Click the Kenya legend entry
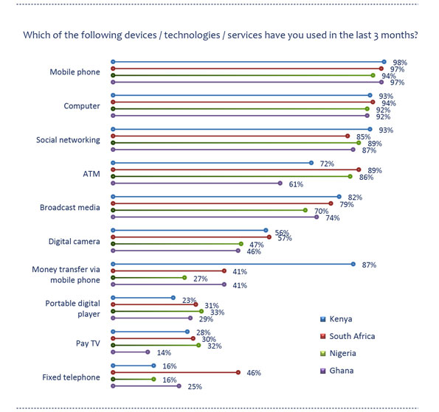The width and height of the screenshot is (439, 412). coord(336,319)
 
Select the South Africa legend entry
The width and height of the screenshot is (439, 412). coord(348,336)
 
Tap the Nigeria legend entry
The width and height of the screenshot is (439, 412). coord(338,353)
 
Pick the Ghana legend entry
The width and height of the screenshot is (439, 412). coord(336,371)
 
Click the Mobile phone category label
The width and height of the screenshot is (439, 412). coord(75,72)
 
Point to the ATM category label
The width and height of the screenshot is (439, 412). coord(91,174)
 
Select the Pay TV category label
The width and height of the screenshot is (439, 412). coord(88,343)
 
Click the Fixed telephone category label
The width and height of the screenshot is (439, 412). coord(71,377)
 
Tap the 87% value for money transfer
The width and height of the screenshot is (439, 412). coord(369,265)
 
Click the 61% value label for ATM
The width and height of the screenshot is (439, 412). coord(296,184)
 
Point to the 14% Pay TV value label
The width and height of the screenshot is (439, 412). coord(164,353)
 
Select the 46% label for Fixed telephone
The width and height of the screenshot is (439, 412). coord(254,373)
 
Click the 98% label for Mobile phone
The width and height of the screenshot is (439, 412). coord(400,63)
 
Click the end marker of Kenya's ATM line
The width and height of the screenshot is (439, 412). coord(311,163)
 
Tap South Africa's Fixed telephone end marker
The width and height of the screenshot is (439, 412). coord(238,372)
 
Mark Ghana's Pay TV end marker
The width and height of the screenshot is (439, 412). coord(148,352)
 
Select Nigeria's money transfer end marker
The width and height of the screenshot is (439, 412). coord(184,278)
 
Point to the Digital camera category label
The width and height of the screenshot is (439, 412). coord(75,242)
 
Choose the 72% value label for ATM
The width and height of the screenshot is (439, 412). coord(327,164)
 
